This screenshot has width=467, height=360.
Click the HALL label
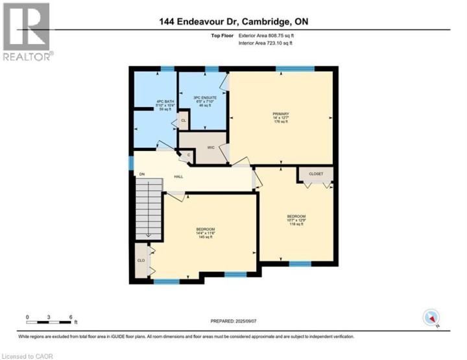tap(177, 176)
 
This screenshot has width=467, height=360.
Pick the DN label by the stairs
tap(141, 174)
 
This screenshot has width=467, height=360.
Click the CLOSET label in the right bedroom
tap(316, 174)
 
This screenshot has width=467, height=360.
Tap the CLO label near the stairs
tap(141, 260)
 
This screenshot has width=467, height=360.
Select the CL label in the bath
tap(184, 121)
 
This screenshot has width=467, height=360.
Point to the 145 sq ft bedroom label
tap(206, 233)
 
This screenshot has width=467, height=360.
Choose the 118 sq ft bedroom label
tap(296, 220)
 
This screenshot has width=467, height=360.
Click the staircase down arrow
tap(148, 235)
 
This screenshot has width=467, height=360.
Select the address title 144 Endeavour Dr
tap(233, 21)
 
